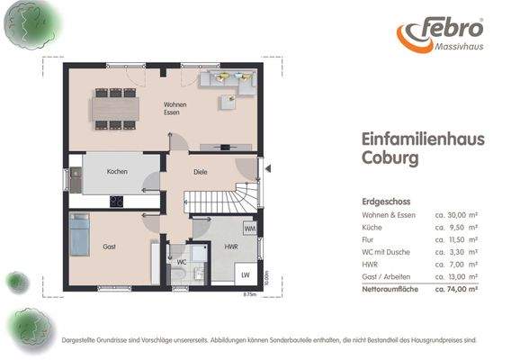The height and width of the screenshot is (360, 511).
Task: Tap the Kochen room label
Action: pyautogui.click(x=117, y=171)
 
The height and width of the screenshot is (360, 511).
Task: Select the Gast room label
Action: pyautogui.click(x=110, y=246)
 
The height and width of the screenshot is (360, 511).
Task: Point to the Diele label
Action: pyautogui.click(x=202, y=171)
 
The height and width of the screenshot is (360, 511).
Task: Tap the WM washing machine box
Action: pyautogui.click(x=248, y=229)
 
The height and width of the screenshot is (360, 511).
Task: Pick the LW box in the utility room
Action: pyautogui.click(x=243, y=274)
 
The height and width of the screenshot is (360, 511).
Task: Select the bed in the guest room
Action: pyautogui.click(x=79, y=235)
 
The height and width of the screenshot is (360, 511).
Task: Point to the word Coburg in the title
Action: pyautogui.click(x=390, y=159)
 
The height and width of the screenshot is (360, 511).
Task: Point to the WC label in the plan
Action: pyautogui.click(x=180, y=263)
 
